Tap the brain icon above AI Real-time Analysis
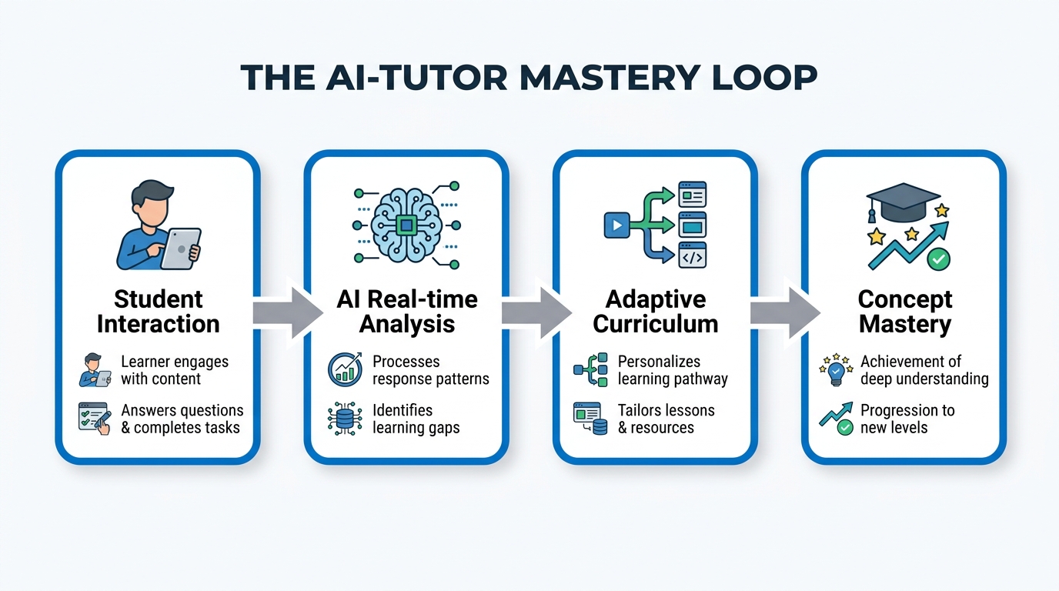(406, 225)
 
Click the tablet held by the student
(180, 248)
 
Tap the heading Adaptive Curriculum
(655, 311)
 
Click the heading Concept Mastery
(904, 311)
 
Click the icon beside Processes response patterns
(345, 370)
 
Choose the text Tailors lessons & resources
(666, 419)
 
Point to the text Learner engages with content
(174, 370)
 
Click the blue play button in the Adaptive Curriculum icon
(616, 225)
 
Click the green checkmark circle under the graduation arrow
(937, 259)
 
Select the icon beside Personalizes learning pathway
(591, 370)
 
